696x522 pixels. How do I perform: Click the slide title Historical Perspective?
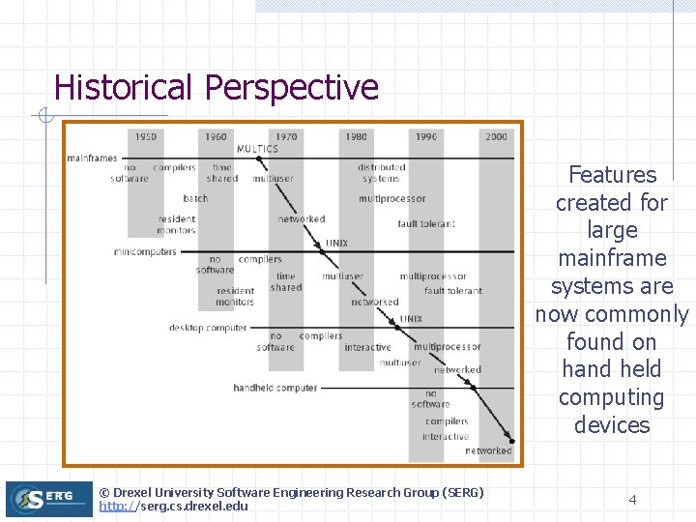click(x=216, y=87)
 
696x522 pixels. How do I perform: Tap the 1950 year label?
click(x=146, y=136)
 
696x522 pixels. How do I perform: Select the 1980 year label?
click(x=357, y=136)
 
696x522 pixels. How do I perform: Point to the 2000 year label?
click(x=496, y=136)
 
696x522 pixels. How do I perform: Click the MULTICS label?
click(x=257, y=149)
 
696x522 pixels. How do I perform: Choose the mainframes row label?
click(x=92, y=158)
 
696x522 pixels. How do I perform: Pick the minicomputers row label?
click(x=145, y=252)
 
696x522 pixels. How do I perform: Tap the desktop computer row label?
click(x=208, y=328)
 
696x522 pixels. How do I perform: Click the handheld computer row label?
click(x=275, y=388)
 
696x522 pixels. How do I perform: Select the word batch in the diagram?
click(x=195, y=198)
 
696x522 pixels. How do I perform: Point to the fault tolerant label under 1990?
click(x=426, y=223)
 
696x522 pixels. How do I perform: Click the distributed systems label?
click(x=381, y=172)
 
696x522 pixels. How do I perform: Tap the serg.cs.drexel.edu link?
click(x=173, y=506)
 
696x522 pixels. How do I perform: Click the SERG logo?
click(x=48, y=499)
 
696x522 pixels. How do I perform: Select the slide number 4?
click(x=632, y=500)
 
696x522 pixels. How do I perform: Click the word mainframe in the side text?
click(x=612, y=258)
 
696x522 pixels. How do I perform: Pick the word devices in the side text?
click(x=612, y=425)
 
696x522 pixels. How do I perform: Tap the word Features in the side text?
click(x=612, y=175)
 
